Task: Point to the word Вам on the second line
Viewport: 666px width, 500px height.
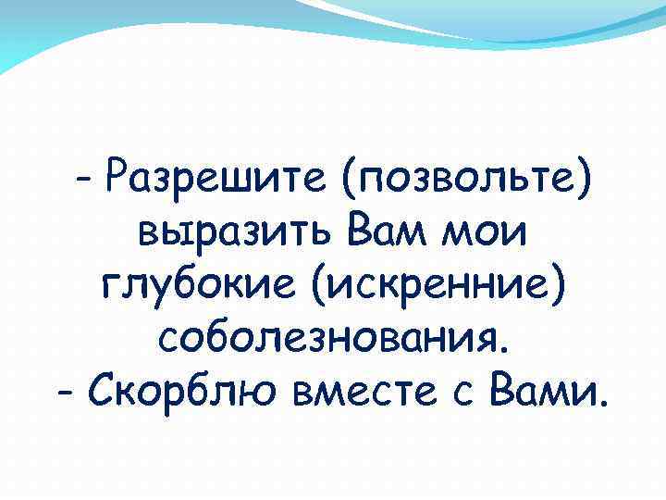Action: coord(376,228)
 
